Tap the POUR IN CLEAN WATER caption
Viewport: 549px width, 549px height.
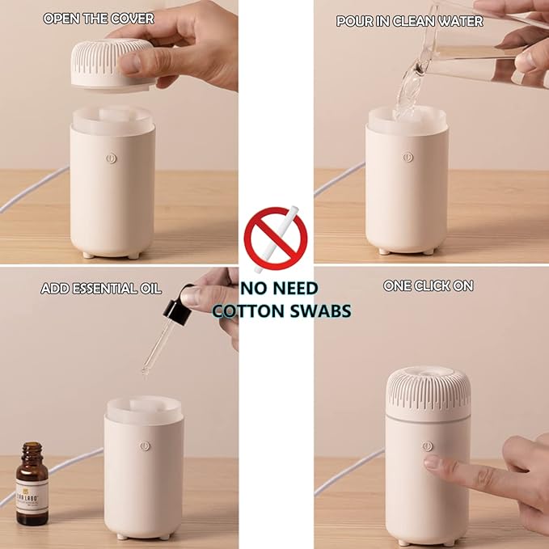pyautogui.click(x=409, y=21)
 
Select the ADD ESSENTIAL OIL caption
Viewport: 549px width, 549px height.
pyautogui.click(x=101, y=289)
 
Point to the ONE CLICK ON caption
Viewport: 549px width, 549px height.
pyautogui.click(x=428, y=285)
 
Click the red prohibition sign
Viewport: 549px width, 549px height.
pyautogui.click(x=276, y=239)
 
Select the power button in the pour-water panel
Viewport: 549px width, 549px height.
pyautogui.click(x=408, y=158)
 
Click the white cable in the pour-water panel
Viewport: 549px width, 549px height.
pyautogui.click(x=340, y=178)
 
